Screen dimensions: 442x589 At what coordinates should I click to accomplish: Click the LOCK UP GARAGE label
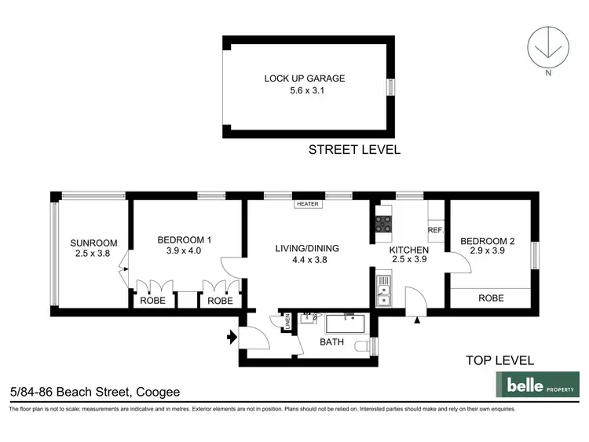click(x=305, y=79)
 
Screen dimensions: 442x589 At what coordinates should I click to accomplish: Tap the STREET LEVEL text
click(x=354, y=149)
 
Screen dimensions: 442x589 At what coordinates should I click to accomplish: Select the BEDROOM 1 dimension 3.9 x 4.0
click(x=185, y=251)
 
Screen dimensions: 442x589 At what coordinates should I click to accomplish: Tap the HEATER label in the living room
click(x=307, y=204)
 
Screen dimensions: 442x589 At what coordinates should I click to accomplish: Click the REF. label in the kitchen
click(x=436, y=230)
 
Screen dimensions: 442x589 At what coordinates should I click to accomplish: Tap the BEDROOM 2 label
click(x=488, y=241)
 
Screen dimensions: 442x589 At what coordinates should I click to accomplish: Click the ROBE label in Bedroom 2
click(x=491, y=298)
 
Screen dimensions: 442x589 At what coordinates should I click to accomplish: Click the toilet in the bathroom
click(x=363, y=345)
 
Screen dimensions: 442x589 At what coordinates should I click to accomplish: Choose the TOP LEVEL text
click(x=499, y=360)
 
